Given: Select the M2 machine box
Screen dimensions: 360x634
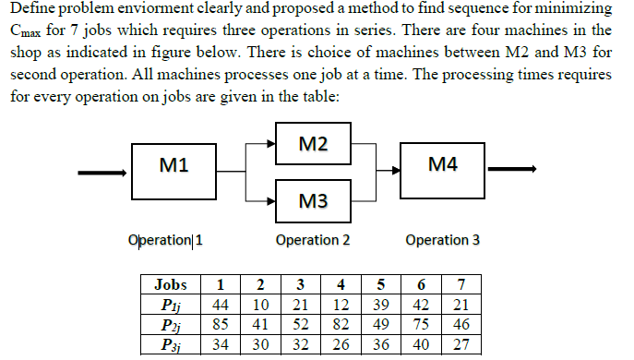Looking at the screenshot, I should (313, 145).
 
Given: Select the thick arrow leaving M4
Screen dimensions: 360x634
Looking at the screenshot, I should (512, 170).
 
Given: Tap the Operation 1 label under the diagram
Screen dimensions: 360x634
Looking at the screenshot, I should (166, 241).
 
